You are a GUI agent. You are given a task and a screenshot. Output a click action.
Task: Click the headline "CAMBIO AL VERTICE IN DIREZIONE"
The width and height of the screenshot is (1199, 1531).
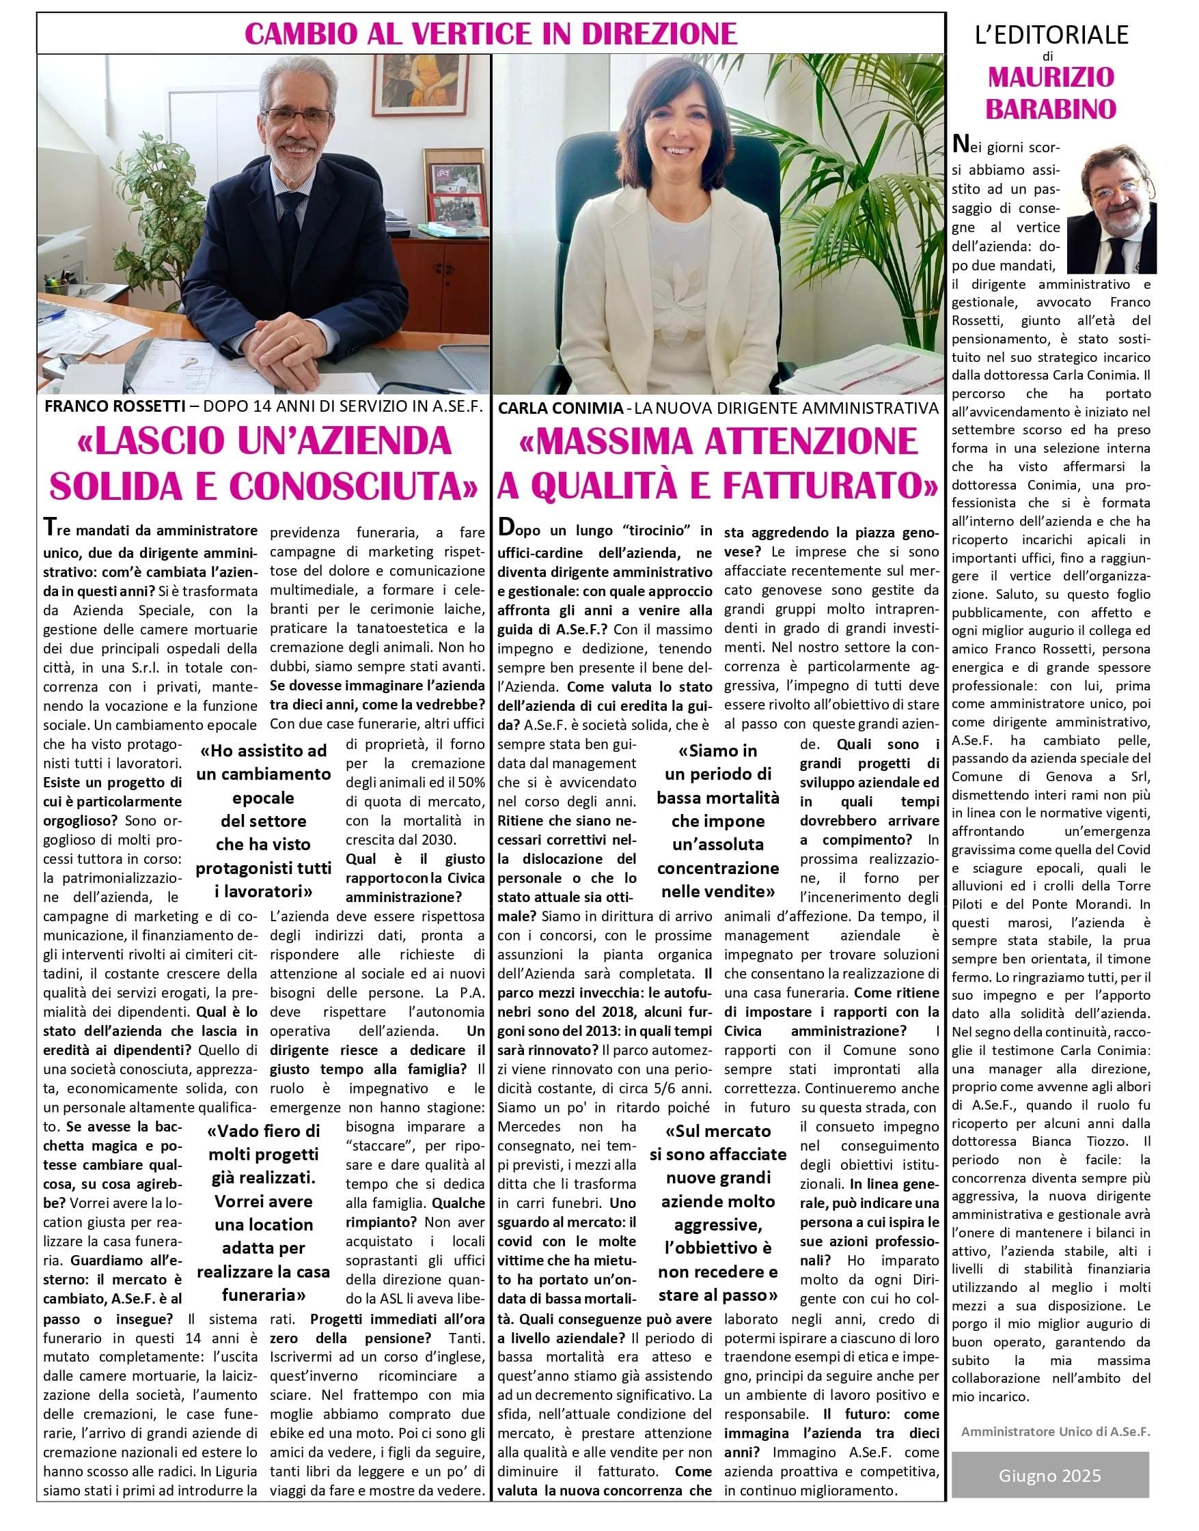coord(491,33)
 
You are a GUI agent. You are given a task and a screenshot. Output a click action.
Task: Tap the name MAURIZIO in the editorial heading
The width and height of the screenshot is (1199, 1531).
coord(1051,77)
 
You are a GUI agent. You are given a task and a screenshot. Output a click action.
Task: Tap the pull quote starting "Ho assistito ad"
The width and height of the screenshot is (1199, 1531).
coord(263,821)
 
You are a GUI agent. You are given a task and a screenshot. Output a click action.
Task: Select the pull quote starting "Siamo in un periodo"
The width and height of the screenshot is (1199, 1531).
coord(718,821)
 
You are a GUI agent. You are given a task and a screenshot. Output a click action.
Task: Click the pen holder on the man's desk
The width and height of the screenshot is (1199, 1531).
coord(54,285)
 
